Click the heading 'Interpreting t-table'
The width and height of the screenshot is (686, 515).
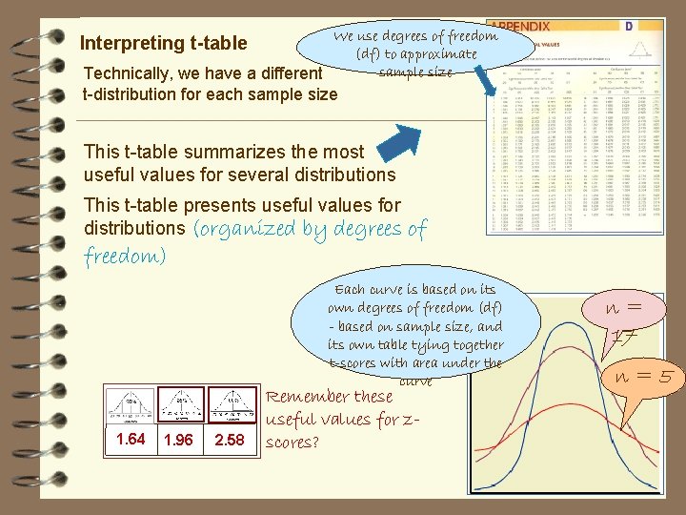point(163,43)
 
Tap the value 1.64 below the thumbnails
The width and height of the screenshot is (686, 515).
point(130,439)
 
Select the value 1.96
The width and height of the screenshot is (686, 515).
point(178,441)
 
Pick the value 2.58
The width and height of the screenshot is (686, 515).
point(229,440)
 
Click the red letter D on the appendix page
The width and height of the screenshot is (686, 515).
point(629,27)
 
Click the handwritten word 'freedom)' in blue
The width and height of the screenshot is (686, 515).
point(125,257)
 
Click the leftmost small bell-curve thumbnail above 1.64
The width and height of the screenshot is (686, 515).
point(131,405)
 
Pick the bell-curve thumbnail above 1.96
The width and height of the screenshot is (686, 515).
point(178,405)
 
